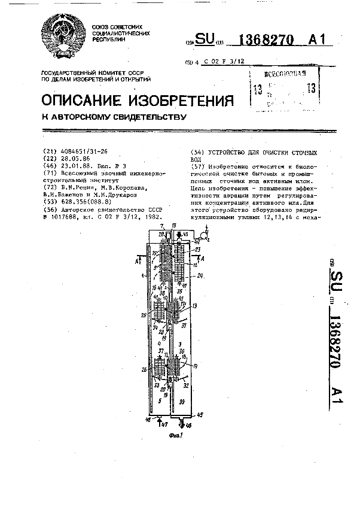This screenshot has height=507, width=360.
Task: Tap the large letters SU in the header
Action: pyautogui.click(x=205, y=40)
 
